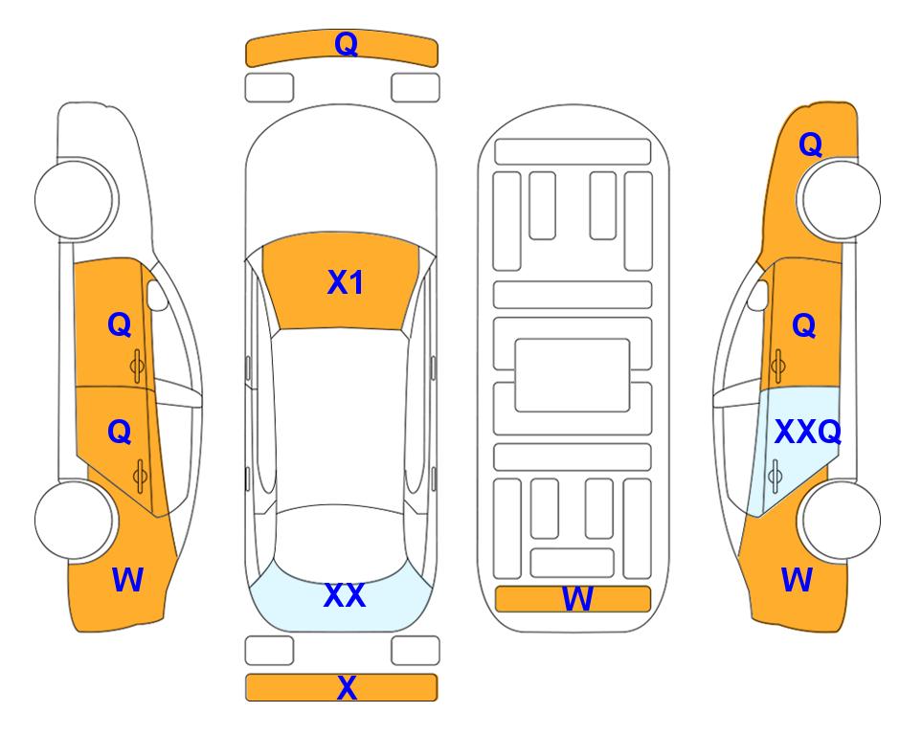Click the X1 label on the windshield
346,282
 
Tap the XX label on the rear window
345,595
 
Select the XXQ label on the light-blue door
808,433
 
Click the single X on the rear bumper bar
347,687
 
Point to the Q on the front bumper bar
346,44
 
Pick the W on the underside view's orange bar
577,599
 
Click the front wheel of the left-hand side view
76,199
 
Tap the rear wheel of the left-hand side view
76,520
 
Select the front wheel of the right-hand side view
839,199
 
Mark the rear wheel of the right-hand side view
839,520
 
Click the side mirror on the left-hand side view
157,295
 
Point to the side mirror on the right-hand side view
758,295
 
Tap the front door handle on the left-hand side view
137,367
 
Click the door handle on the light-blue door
775,476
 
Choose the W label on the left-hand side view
127,580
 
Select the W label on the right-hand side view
797,580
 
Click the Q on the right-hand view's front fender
810,145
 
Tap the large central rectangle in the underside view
573,375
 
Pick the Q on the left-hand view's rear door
120,433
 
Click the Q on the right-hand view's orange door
804,325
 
